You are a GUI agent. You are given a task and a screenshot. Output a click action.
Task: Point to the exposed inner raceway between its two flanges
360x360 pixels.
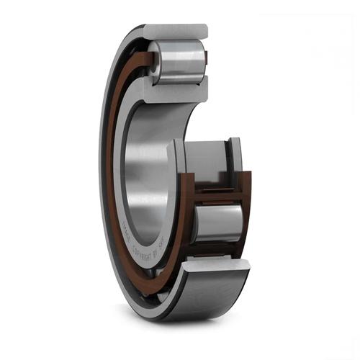point(205,162)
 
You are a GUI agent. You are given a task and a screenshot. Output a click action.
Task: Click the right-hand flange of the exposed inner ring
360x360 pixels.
point(235,155)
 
